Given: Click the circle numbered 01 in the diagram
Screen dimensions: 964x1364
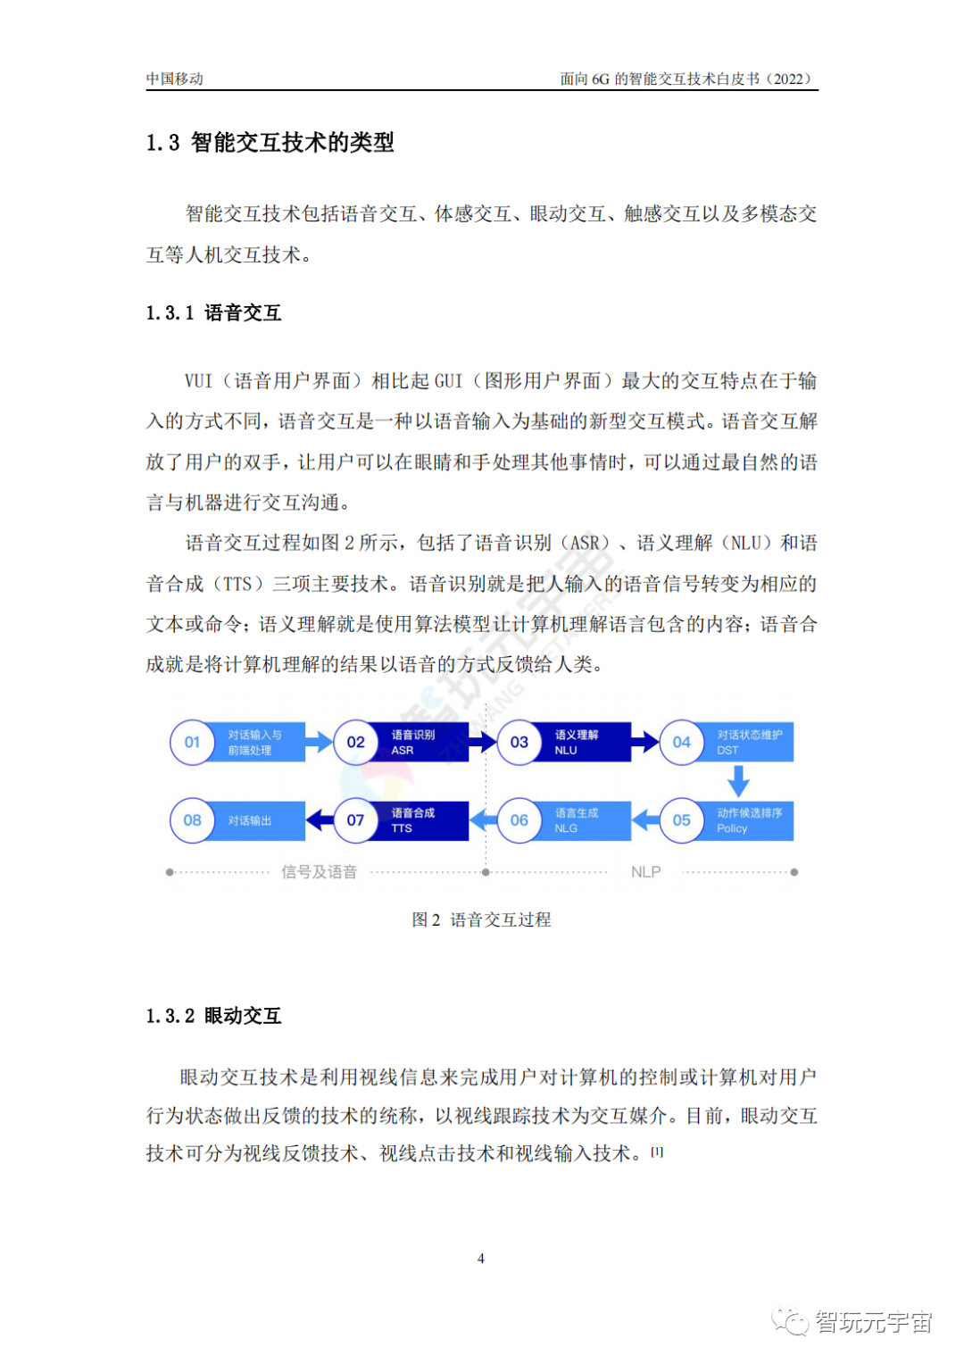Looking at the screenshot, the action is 192,742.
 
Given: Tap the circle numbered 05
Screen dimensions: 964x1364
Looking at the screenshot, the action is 681,820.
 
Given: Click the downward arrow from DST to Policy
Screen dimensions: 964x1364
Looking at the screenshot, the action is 738,781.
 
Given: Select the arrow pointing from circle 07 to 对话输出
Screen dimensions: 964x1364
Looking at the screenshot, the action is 319,819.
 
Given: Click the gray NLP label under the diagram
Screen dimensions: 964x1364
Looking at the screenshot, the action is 645,872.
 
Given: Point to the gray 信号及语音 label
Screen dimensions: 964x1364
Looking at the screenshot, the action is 319,872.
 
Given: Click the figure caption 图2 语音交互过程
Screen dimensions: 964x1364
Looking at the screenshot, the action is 481,919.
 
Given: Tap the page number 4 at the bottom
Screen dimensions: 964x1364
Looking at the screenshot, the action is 481,1259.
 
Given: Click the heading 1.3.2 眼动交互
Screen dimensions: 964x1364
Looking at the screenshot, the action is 214,1016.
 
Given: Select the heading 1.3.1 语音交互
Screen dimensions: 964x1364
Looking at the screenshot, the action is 214,312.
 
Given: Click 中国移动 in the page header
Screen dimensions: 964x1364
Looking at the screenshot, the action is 175,79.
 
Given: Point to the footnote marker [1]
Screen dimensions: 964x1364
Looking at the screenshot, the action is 657,1152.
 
